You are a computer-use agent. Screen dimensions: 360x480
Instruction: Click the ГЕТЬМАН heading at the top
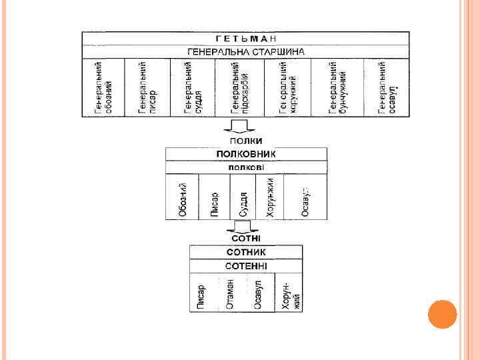[246, 38]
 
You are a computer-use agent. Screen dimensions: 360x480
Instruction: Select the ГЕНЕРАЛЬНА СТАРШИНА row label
[246, 51]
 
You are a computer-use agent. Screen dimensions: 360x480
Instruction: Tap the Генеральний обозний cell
[103, 87]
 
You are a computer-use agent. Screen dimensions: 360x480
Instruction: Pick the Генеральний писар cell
[147, 87]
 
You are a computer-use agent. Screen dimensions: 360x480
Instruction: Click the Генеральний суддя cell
[193, 87]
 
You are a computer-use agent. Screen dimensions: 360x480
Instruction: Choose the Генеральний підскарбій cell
[239, 87]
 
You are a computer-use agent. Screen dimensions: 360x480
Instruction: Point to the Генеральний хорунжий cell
[288, 87]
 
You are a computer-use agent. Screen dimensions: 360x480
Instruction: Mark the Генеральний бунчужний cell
[339, 87]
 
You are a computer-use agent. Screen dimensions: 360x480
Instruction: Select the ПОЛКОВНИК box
[246, 154]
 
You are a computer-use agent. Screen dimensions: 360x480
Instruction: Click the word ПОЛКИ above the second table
[246, 141]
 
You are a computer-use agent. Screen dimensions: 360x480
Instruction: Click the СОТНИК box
[246, 252]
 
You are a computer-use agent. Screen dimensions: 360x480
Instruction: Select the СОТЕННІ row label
[246, 265]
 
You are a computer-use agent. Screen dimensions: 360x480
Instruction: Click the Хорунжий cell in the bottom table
[288, 293]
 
